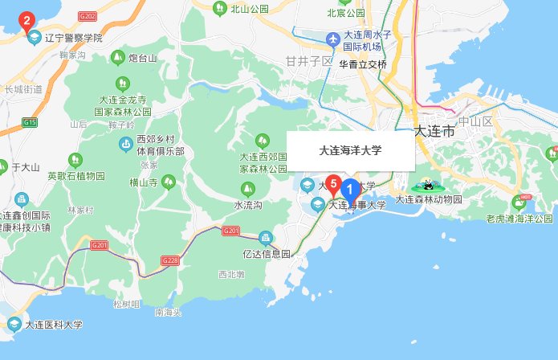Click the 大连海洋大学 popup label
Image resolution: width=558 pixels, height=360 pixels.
351,150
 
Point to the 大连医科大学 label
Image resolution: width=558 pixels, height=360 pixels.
54,325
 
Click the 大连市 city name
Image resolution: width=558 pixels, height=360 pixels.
434,131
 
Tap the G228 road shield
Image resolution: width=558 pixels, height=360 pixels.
169,260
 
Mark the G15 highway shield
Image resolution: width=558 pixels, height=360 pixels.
31,122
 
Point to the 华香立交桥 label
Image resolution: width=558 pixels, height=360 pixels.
363,64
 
